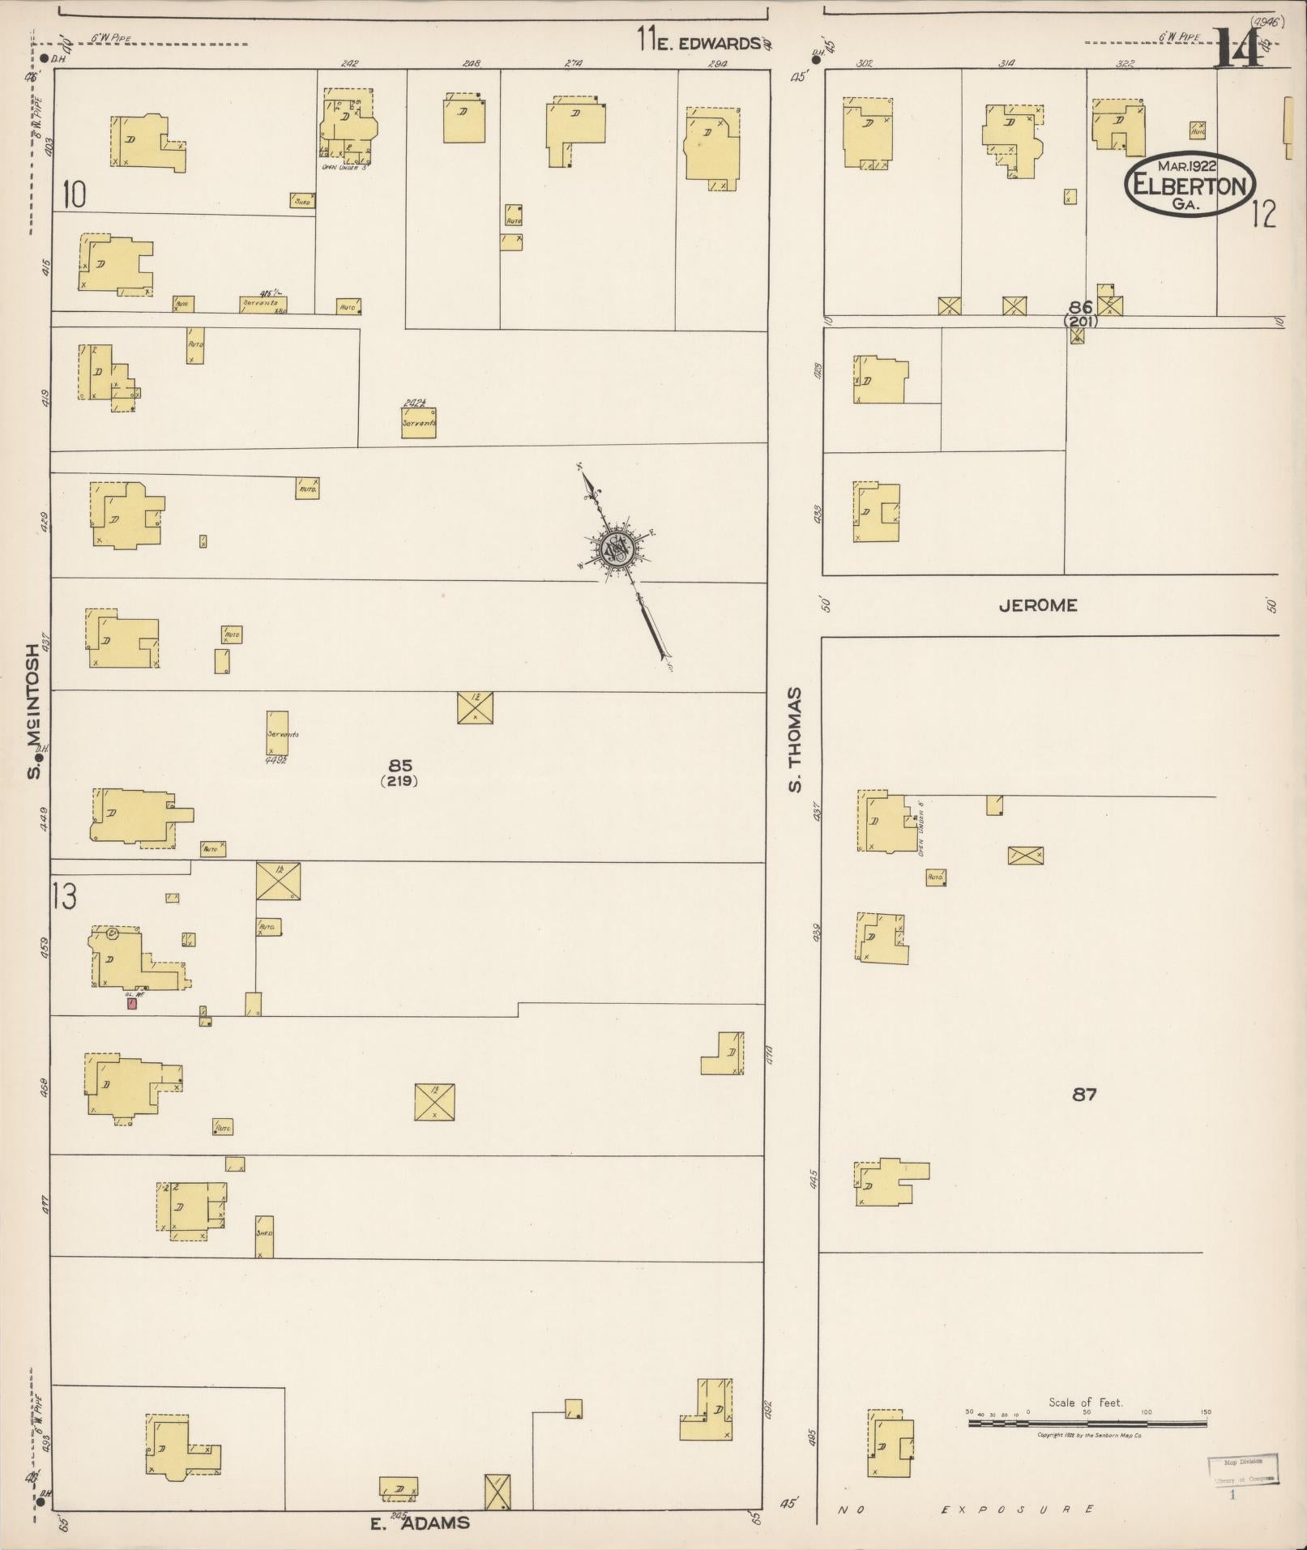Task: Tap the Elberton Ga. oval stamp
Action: [1190, 185]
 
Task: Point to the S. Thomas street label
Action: [796, 739]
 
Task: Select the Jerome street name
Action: [1037, 605]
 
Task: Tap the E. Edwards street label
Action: [707, 44]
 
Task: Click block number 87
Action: [1084, 1095]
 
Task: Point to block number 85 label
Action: [400, 765]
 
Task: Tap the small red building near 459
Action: [131, 1003]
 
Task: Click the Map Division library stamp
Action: [1242, 1467]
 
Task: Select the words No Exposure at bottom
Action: [967, 1509]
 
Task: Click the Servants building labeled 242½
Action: [419, 422]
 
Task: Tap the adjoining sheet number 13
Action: [64, 896]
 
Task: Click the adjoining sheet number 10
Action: [73, 195]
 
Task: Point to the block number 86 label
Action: [1080, 307]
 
